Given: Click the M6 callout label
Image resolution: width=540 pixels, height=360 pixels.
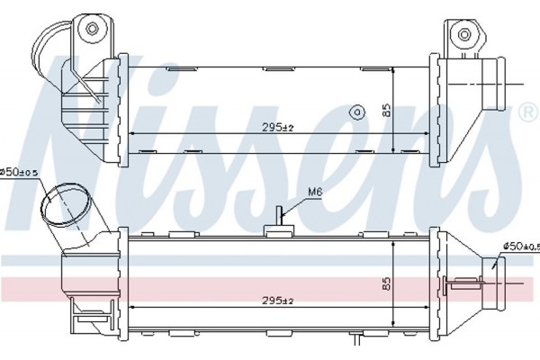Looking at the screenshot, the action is [314, 193].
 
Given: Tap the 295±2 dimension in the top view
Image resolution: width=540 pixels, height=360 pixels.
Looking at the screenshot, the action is [277, 128].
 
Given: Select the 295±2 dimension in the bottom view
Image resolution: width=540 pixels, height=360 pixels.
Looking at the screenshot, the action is [277, 301].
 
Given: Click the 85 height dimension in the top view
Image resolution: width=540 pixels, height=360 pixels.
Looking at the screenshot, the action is [387, 110].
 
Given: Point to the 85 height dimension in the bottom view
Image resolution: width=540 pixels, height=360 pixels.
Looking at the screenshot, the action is [387, 283].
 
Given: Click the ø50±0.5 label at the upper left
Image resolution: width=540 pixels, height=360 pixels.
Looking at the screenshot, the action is [19, 172].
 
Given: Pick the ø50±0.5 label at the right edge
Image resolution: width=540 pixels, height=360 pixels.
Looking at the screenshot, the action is [521, 247].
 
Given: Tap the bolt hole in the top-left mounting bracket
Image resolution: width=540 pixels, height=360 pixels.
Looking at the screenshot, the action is [92, 29].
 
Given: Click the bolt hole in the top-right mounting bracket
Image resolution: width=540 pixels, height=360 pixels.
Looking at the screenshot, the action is [464, 34].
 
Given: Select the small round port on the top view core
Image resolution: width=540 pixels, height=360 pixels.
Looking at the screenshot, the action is [357, 112].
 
